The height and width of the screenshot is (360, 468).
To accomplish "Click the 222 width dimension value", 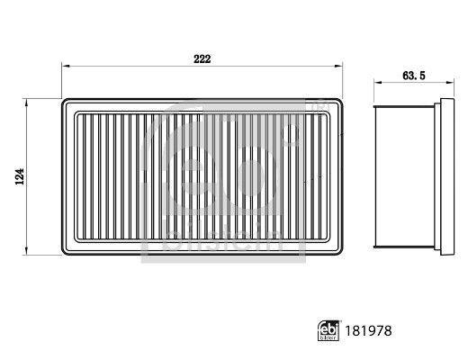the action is point(202,59).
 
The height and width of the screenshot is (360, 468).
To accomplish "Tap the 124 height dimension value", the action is point(20,176).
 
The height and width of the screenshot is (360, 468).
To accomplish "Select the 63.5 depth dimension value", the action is point(414,76).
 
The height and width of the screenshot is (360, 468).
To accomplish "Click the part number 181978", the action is point(368,331).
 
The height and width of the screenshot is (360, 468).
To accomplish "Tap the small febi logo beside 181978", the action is point(328,331).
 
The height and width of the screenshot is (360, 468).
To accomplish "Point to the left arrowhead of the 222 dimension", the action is point(66,66).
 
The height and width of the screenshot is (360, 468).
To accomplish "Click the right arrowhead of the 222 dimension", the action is point(338,66).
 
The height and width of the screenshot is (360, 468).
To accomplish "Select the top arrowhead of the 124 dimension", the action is point(26,103).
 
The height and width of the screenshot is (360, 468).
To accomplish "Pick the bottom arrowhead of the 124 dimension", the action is point(26,251).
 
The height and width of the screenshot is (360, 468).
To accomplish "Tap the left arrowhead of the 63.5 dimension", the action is point(378,82).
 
